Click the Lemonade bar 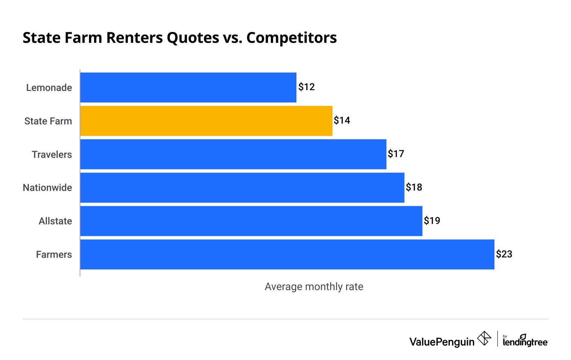[x=188, y=88]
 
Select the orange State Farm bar [x=206, y=121]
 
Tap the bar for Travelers [x=233, y=154]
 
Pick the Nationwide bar [x=242, y=188]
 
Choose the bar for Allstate [x=251, y=221]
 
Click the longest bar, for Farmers [x=287, y=254]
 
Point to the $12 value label [x=307, y=87]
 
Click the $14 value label [x=342, y=121]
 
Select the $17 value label [x=396, y=154]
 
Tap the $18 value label [x=414, y=187]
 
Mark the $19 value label [x=432, y=221]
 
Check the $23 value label [x=504, y=254]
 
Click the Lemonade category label [x=49, y=88]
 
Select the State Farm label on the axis [x=48, y=121]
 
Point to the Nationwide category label [x=47, y=188]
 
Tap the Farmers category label [x=54, y=254]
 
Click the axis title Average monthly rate [x=314, y=287]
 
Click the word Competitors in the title [x=292, y=38]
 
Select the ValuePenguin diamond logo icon [x=484, y=338]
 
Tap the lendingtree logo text [x=525, y=341]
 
